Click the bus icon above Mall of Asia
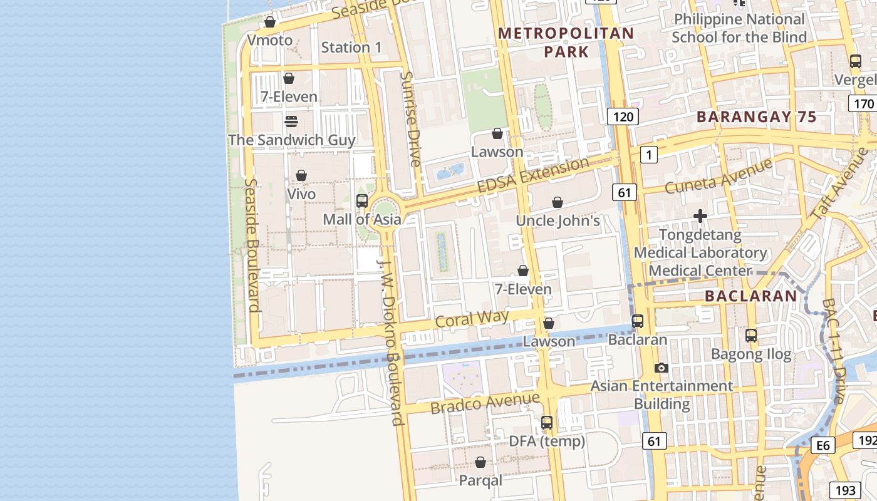click(362, 201)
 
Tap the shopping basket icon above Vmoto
click(270, 23)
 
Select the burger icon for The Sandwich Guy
click(291, 121)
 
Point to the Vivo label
click(301, 194)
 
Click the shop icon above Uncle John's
click(558, 202)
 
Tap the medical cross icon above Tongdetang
click(700, 217)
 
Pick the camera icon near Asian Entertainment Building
click(662, 368)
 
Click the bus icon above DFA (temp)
click(547, 423)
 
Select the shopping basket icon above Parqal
click(480, 462)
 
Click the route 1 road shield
click(649, 155)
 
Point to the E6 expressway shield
click(823, 445)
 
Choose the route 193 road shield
click(845, 490)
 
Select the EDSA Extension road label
click(533, 176)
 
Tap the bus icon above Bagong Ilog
click(751, 336)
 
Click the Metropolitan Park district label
click(566, 42)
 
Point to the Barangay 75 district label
click(757, 117)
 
